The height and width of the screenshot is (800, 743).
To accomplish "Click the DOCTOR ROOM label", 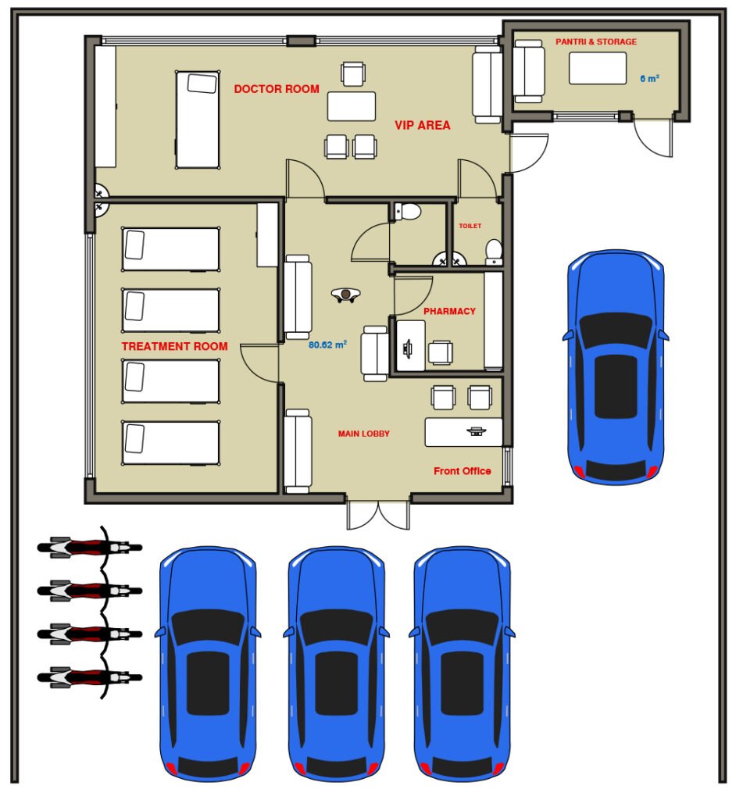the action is click(277, 89).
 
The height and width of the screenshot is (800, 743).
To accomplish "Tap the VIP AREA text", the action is click(423, 126).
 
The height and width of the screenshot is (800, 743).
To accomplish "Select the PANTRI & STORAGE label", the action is click(596, 42).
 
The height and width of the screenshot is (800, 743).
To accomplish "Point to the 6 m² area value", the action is click(649, 79).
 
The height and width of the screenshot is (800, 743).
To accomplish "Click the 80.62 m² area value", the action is click(327, 345).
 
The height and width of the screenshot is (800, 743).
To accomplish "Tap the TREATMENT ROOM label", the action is click(174, 346).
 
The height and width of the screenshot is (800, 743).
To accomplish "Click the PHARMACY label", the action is click(449, 311).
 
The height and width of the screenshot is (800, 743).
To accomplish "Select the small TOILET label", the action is click(470, 226).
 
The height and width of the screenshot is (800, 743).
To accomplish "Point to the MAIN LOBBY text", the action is click(364, 434).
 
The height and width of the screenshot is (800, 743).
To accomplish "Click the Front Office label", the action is click(463, 471).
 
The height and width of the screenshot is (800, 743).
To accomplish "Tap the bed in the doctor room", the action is click(198, 120).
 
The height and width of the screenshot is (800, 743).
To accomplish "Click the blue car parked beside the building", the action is click(616, 367).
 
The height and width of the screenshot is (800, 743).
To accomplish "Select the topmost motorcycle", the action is click(90, 548).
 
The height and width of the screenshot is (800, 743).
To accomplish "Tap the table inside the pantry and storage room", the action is click(598, 69).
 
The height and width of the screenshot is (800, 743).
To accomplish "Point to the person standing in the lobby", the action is click(345, 295).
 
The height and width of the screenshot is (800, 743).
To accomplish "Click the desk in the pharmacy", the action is click(411, 346).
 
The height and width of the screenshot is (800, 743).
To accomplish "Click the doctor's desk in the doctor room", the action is click(352, 106).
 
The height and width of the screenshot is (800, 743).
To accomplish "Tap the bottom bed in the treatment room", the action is click(171, 444).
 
